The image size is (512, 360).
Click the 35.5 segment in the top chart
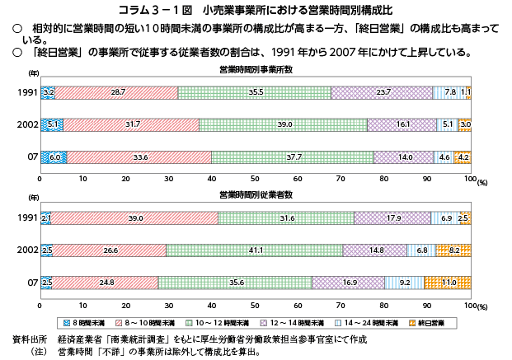255,93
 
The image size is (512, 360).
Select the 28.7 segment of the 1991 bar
116,93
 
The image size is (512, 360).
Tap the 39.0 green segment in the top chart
283,125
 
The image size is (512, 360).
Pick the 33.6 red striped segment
139,157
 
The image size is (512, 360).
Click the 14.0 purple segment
404,157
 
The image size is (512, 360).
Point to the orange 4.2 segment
462,157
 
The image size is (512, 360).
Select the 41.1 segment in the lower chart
255,250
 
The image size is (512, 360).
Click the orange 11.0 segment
448,283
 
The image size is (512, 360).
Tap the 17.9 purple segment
392,218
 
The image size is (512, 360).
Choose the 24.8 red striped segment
105,283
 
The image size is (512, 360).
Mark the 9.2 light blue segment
404,283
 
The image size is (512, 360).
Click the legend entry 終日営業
426,323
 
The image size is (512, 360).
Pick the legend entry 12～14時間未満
292,323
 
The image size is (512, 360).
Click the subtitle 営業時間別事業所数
256,69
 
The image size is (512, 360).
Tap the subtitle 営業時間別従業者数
256,195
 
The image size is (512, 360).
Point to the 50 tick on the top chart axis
255,179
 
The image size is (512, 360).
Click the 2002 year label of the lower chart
27,250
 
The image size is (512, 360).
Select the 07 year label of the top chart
33,157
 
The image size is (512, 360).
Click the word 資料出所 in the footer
30,339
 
